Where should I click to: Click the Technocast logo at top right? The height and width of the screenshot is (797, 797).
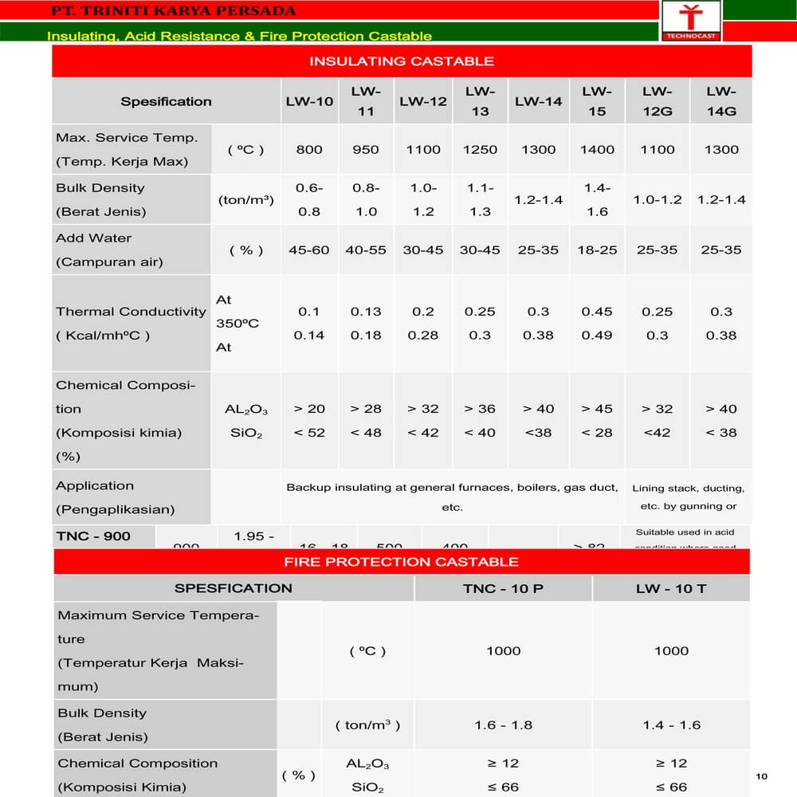coord(690,20)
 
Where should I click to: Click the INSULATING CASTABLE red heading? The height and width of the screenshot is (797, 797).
coord(402,61)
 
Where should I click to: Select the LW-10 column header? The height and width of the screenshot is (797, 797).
coord(309,101)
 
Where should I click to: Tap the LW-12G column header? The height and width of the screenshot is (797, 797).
coord(658,101)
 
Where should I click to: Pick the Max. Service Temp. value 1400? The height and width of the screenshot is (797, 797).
coord(597,149)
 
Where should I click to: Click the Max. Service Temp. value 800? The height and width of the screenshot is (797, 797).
coord(309,149)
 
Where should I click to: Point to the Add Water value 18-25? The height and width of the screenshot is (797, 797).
coord(597,249)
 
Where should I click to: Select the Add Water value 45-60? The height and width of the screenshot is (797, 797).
coord(309,249)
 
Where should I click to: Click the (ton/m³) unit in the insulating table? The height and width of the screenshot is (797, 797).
coord(246,200)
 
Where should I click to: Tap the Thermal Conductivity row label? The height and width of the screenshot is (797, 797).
coord(131,323)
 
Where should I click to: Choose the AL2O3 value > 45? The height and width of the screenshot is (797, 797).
coord(597,409)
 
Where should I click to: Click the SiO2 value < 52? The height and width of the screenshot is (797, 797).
coord(309,433)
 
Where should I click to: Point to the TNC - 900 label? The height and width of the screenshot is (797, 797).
coord(93,536)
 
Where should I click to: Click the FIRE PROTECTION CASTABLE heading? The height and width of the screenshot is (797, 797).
coord(402,562)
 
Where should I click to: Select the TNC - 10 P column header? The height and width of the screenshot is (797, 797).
coord(503,589)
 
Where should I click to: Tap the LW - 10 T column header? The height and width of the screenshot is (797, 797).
coord(671,589)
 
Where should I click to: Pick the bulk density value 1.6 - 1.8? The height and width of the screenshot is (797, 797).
coord(503,725)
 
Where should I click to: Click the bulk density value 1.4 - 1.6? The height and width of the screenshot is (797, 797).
coord(671,725)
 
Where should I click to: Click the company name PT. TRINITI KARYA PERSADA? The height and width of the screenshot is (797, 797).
coord(173,10)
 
